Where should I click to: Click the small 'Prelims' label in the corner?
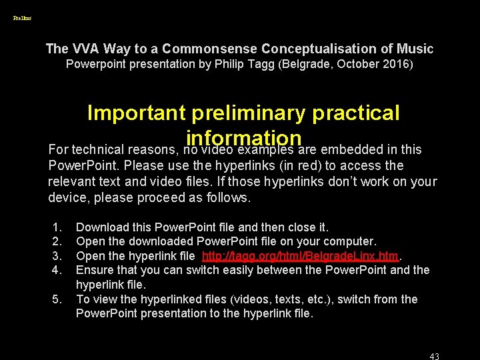22,18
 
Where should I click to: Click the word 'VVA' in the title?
83,49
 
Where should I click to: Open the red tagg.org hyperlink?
300,256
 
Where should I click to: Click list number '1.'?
57,228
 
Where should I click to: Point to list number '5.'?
57,299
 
